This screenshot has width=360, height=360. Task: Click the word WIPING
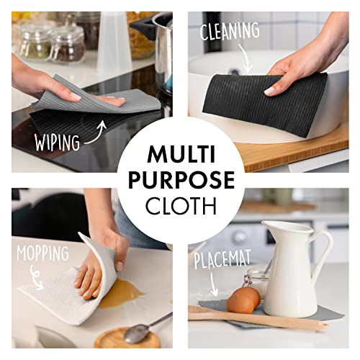click(x=57, y=142)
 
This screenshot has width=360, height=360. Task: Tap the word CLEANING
click(x=230, y=30)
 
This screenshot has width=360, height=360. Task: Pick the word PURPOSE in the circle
click(x=180, y=179)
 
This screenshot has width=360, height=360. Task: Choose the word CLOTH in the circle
click(x=180, y=206)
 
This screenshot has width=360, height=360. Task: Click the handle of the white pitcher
click(x=323, y=252)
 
